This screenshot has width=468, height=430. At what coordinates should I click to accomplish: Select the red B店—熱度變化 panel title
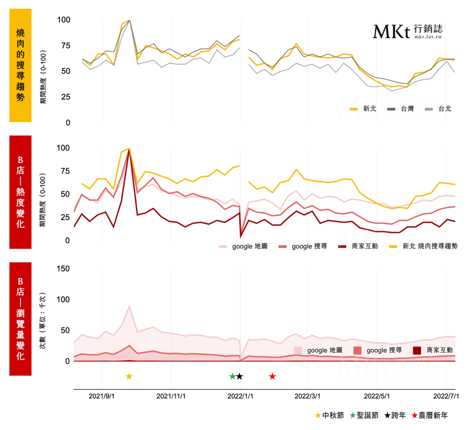(20, 191)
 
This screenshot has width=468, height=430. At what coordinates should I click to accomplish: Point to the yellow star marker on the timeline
(129, 376)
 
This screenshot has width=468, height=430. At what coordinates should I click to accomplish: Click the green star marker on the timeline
(233, 376)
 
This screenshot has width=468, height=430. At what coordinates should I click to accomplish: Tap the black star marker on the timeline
(240, 376)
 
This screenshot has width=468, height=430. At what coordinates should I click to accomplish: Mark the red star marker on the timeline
(272, 376)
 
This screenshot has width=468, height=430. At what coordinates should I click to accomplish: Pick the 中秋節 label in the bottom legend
(330, 415)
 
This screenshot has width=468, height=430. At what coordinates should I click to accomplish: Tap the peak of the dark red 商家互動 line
(129, 150)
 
